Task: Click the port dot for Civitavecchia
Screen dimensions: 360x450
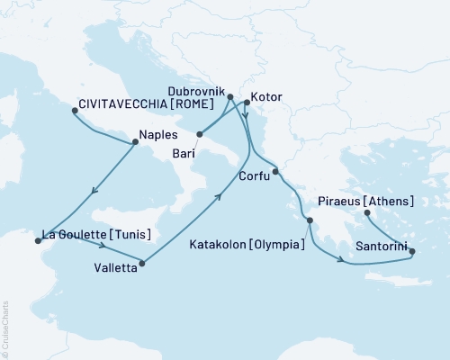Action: (x=76, y=112)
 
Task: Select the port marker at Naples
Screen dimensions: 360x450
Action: (x=136, y=141)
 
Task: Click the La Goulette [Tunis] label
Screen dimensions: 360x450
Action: (x=91, y=236)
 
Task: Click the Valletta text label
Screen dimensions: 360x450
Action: (x=115, y=267)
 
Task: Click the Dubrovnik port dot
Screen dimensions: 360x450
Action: (x=230, y=96)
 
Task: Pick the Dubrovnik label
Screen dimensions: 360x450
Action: (x=196, y=89)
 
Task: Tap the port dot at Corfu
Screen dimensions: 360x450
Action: (x=275, y=171)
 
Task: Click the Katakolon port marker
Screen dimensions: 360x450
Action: (x=310, y=220)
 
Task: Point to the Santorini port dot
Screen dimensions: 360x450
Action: (x=412, y=252)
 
